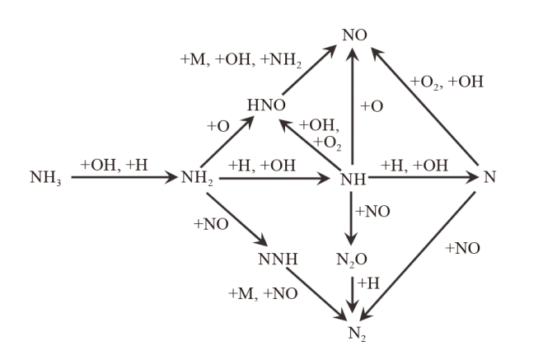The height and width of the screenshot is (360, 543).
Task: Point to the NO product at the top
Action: tap(353, 35)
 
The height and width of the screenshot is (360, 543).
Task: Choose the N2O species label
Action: tap(353, 262)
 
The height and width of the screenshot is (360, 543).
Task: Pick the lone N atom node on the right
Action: tap(489, 177)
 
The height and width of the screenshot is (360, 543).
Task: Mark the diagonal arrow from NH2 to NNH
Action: tap(236, 219)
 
